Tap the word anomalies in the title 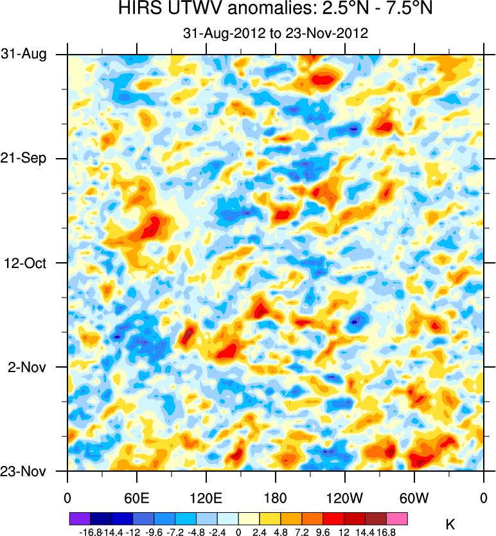click(x=251, y=10)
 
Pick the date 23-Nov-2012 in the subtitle click(x=326, y=33)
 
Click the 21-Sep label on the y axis click(x=24, y=158)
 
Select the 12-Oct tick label click(x=27, y=263)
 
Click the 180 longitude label click(x=276, y=498)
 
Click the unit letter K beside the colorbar click(x=450, y=525)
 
